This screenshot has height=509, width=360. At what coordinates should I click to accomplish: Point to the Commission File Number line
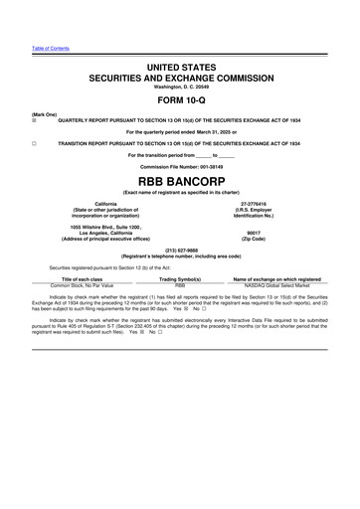[x=180, y=166]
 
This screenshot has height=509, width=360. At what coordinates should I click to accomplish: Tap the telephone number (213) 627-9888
[x=180, y=251]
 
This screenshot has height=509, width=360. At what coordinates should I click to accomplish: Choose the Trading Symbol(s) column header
[x=180, y=279]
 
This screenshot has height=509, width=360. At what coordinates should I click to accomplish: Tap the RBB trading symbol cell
[x=180, y=286]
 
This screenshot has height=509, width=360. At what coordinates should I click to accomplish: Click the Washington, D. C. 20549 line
[x=180, y=84]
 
